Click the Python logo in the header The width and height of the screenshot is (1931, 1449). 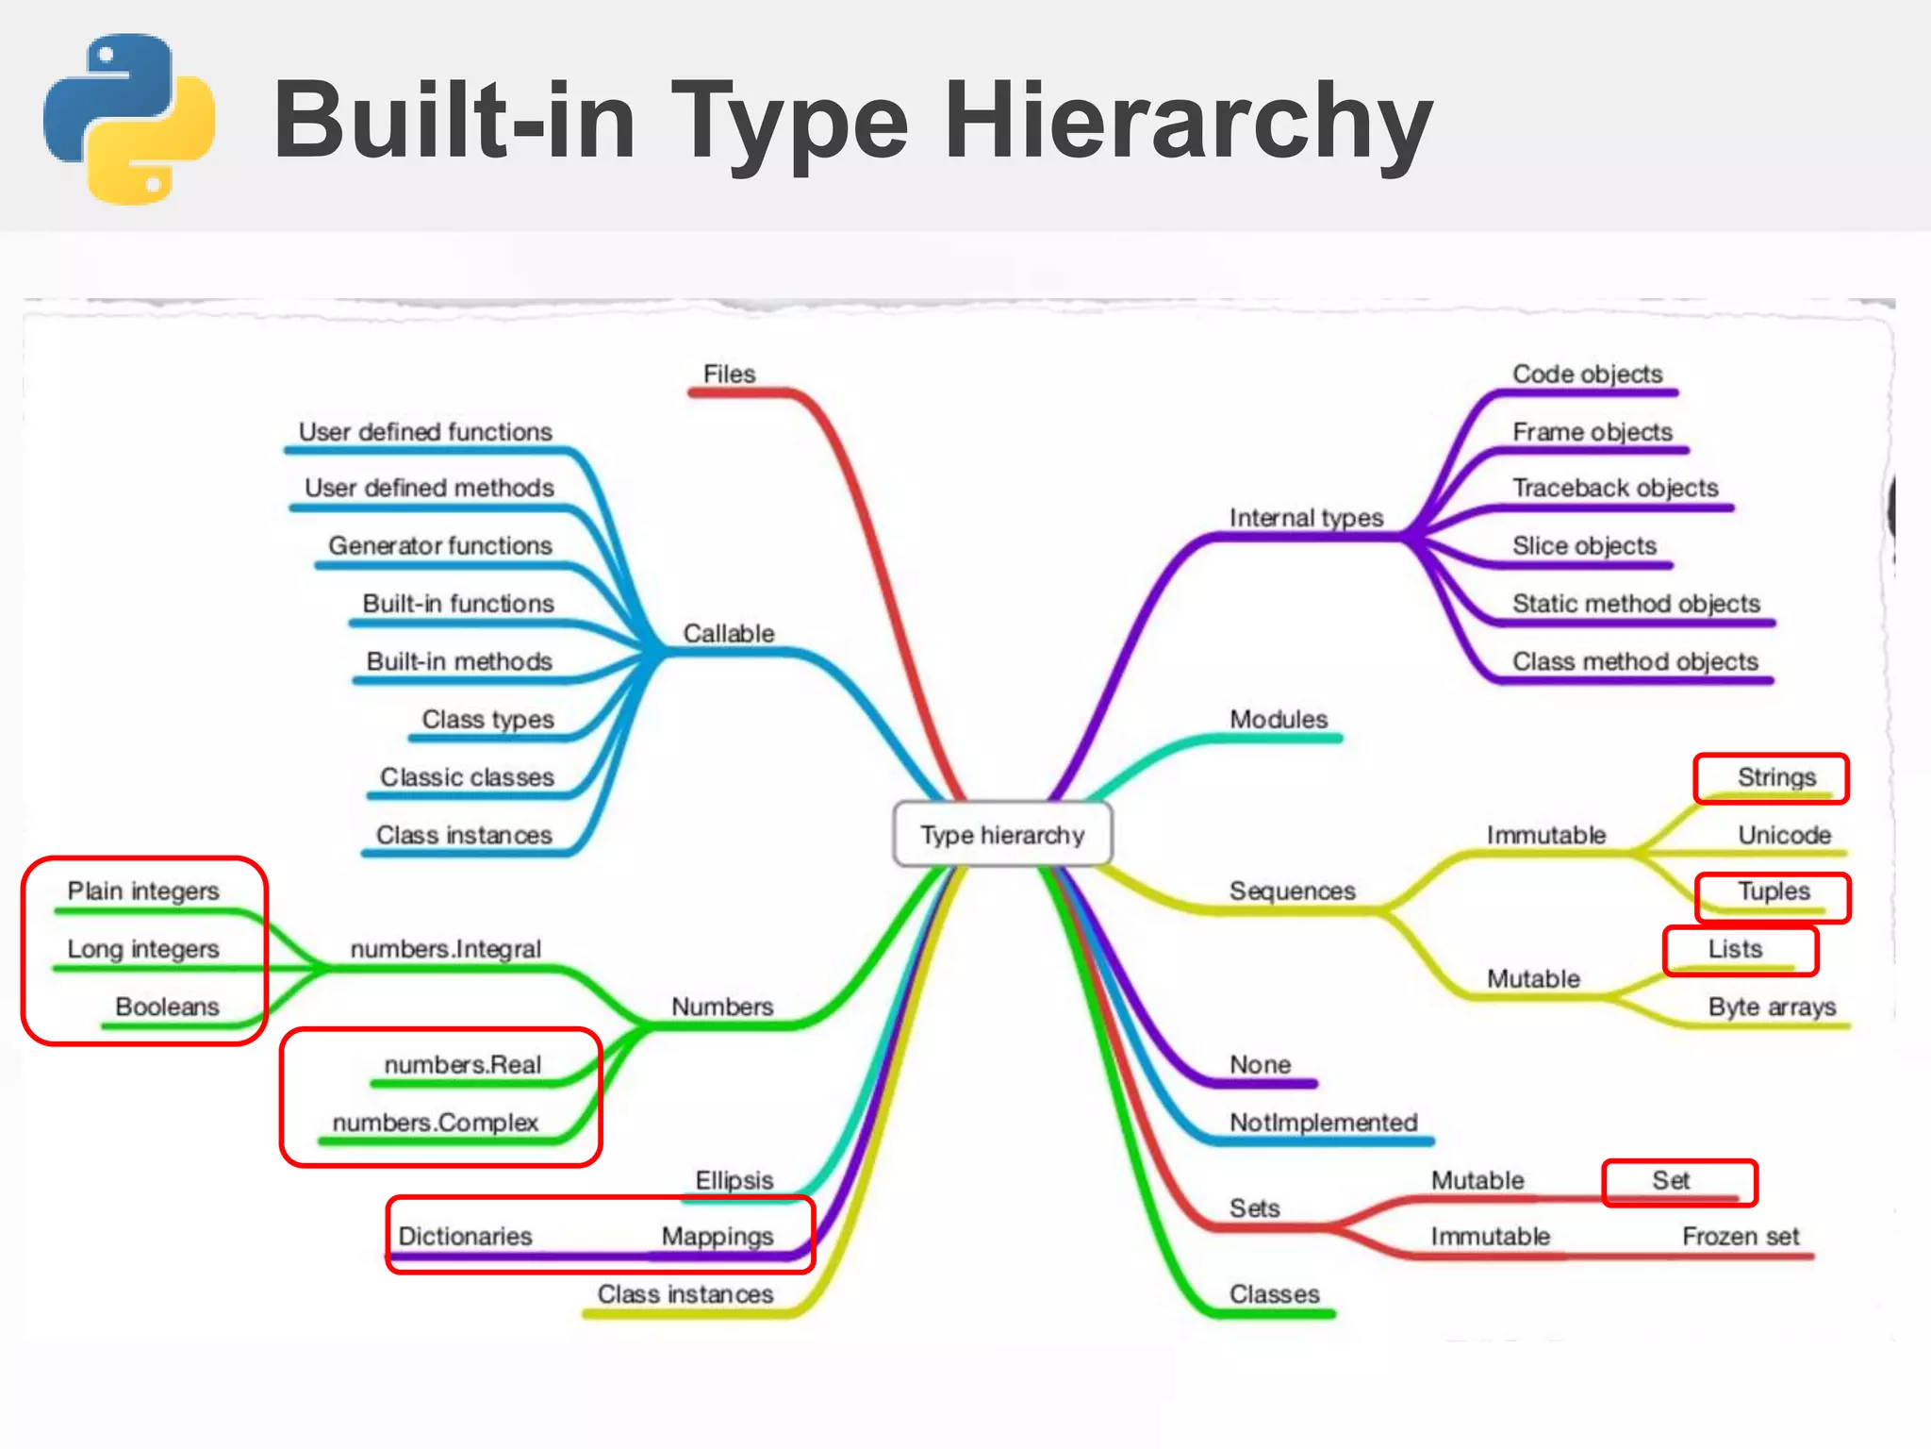coord(129,119)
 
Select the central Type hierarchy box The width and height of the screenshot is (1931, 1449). coord(1002,835)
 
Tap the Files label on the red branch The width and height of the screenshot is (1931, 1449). coord(729,374)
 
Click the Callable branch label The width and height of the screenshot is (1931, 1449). coord(728,633)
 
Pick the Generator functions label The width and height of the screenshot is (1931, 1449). coord(439,545)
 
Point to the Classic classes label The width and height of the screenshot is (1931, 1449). coord(467,776)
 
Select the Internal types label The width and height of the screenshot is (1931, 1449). coord(1306,517)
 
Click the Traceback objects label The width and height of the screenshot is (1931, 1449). coord(1615,488)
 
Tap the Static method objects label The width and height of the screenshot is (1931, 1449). coord(1636,604)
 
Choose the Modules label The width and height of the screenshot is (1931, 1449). coord(1279,719)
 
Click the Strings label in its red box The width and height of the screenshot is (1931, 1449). coord(1776,777)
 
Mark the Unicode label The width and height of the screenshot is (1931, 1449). coord(1784,835)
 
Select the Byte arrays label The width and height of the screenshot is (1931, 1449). coord(1772,1007)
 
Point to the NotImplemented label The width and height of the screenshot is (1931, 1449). coord(1323,1123)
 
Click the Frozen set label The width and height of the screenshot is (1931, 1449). coord(1741,1236)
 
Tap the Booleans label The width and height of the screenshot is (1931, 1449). coord(167,1007)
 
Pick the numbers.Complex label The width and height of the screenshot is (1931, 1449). coord(435,1123)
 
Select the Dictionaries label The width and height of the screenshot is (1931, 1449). coord(465,1236)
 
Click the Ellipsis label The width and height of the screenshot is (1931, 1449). coord(734,1180)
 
